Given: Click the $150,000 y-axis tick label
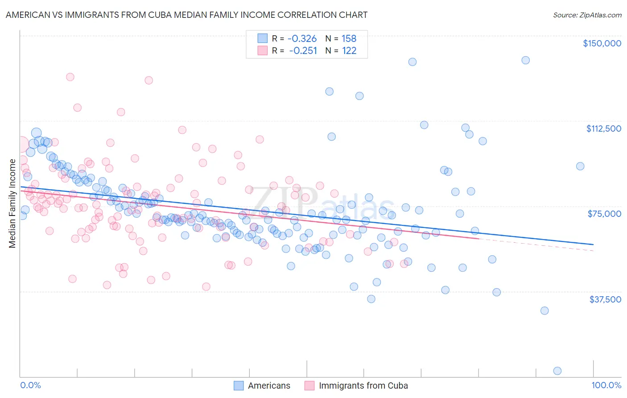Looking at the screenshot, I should (602, 43).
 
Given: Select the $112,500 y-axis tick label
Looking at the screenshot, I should (603, 129).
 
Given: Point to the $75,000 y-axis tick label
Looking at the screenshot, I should (604, 214).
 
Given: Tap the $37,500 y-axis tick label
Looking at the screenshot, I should (605, 299).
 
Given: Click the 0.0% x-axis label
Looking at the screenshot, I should (30, 385).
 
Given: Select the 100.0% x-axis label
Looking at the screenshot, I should (606, 385).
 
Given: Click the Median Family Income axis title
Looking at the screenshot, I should (12, 203).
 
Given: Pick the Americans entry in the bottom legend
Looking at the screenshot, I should (268, 386).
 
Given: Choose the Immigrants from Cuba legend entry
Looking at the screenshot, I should (363, 386).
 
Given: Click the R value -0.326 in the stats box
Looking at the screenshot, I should (302, 39).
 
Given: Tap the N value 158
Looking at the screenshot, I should (349, 39).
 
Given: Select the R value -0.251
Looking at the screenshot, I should (303, 51).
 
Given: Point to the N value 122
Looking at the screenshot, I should (349, 51).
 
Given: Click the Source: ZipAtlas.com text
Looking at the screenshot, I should (587, 15).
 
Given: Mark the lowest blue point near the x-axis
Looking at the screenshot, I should (557, 371).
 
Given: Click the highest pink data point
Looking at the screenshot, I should (70, 77).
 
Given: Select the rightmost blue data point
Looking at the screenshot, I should (580, 166).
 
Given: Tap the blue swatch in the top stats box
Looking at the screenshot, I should (262, 39).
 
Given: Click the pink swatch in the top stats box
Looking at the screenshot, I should (262, 51).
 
